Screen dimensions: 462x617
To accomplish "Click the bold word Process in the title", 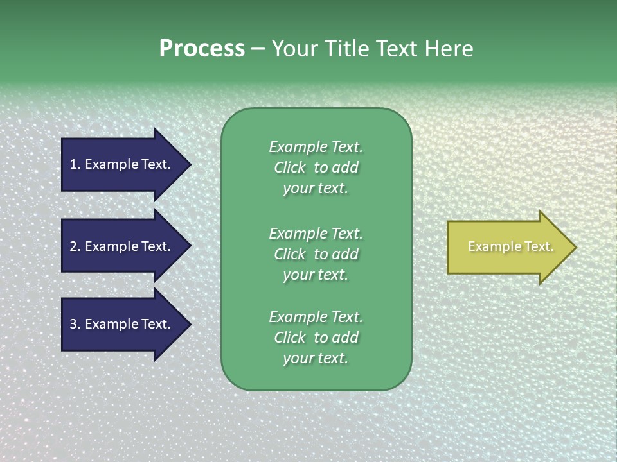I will pyautogui.click(x=202, y=49).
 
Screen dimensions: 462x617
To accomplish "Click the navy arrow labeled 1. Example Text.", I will pyautogui.click(x=122, y=164).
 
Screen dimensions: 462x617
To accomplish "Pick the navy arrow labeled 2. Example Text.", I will pyautogui.click(x=122, y=246).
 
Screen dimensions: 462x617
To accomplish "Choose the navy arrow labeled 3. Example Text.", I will pyautogui.click(x=122, y=324).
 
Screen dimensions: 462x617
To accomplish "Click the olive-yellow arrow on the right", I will pyautogui.click(x=508, y=247).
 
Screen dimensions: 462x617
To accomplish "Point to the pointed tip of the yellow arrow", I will pyautogui.click(x=575, y=247).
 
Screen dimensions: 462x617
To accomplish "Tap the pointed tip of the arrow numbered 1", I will pyautogui.click(x=190, y=164).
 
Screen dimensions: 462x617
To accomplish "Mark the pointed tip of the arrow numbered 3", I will pyautogui.click(x=190, y=324).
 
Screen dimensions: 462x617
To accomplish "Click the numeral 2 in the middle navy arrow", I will pyautogui.click(x=73, y=246).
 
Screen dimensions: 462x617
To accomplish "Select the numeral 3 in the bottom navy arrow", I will pyautogui.click(x=73, y=324).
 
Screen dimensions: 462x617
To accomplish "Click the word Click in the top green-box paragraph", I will pyautogui.click(x=290, y=167).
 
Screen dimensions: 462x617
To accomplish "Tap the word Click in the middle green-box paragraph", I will pyautogui.click(x=290, y=254).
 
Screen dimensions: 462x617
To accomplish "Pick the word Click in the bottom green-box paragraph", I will pyautogui.click(x=290, y=338).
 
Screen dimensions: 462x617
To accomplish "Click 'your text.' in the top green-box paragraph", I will pyautogui.click(x=316, y=188).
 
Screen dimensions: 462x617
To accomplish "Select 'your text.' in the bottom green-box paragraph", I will pyautogui.click(x=316, y=358).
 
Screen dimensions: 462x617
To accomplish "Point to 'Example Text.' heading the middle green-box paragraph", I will pyautogui.click(x=316, y=233).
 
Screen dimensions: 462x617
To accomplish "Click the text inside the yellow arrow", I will pyautogui.click(x=511, y=246).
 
